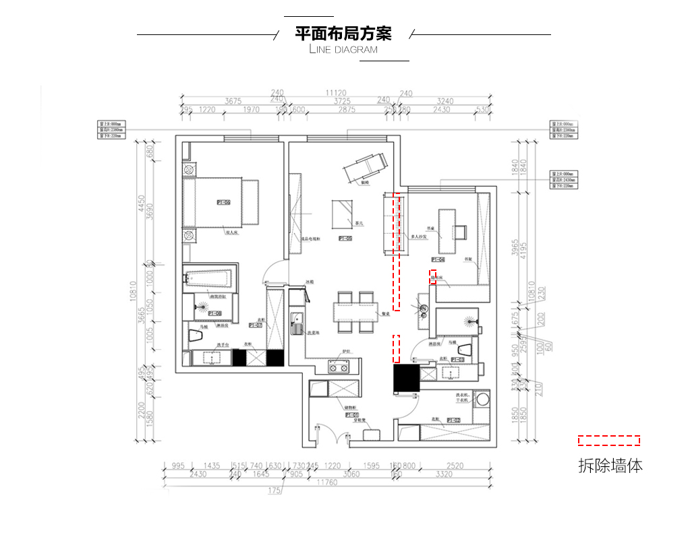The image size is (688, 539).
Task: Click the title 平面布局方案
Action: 343,33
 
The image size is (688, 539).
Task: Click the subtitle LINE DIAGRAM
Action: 343,50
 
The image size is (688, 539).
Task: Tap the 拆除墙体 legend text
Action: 610,465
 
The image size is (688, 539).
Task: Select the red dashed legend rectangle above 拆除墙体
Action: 608,441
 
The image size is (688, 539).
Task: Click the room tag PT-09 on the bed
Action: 223,202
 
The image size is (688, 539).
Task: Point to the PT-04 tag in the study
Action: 438,259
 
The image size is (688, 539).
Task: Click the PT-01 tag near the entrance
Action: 352,415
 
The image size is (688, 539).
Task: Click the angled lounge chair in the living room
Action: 366,166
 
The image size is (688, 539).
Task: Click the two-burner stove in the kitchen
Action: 339,367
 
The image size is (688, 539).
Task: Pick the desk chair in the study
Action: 461,232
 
